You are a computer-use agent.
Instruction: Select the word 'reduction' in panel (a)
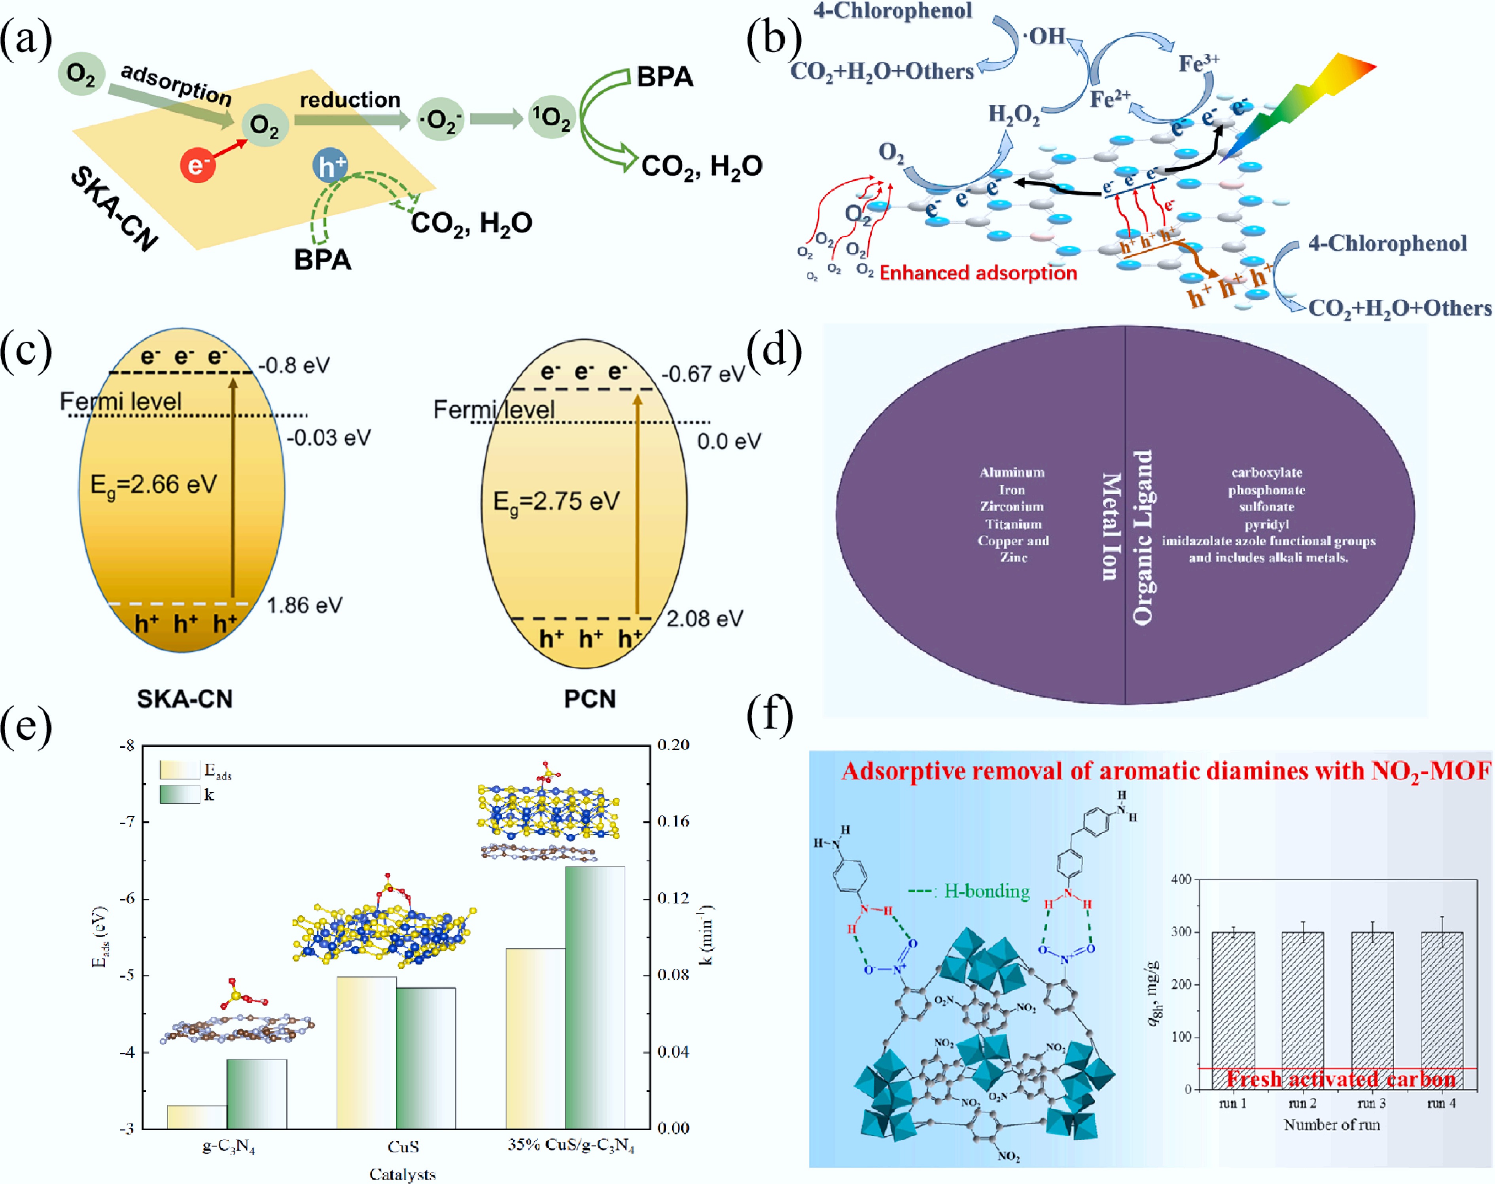pos(350,100)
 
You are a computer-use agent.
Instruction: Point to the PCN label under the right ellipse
pos(590,698)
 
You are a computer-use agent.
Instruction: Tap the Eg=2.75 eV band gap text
pos(556,501)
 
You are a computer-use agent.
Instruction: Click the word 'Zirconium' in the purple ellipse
pos(1012,506)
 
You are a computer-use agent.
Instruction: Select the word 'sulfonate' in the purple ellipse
pos(1267,506)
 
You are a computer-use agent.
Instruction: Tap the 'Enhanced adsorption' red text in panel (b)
pos(978,272)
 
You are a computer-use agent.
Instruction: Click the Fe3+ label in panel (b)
pos(1198,63)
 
